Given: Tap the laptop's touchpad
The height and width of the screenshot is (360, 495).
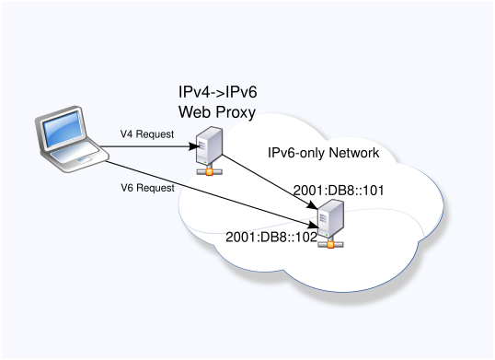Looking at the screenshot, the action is pyautogui.click(x=85, y=158).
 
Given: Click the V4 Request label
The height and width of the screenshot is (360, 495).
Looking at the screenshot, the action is pyautogui.click(x=147, y=134).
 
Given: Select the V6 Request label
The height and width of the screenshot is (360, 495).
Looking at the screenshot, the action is pyautogui.click(x=147, y=188).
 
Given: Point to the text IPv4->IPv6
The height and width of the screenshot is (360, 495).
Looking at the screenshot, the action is pyautogui.click(x=218, y=92).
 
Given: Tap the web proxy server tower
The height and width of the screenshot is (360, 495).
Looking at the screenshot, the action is pyautogui.click(x=209, y=145).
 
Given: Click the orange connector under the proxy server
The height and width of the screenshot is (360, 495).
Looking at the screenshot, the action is pyautogui.click(x=209, y=172).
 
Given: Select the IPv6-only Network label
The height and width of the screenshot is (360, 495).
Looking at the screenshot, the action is pyautogui.click(x=323, y=153).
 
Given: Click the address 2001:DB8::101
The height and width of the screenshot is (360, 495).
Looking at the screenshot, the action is pyautogui.click(x=339, y=191).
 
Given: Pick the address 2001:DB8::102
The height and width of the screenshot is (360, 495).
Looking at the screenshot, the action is pyautogui.click(x=271, y=238).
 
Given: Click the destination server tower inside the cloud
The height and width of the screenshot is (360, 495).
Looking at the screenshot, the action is pyautogui.click(x=330, y=218).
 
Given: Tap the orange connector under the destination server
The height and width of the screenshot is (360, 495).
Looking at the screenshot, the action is pyautogui.click(x=330, y=244).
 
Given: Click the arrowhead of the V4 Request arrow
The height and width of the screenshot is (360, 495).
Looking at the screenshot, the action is pyautogui.click(x=194, y=146).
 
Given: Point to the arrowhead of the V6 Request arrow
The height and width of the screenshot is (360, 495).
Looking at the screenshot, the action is pyautogui.click(x=314, y=225).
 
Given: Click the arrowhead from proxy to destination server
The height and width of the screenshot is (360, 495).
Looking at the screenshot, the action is pyautogui.click(x=312, y=205).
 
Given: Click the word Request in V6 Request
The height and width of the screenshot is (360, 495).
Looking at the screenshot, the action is pyautogui.click(x=155, y=189).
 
